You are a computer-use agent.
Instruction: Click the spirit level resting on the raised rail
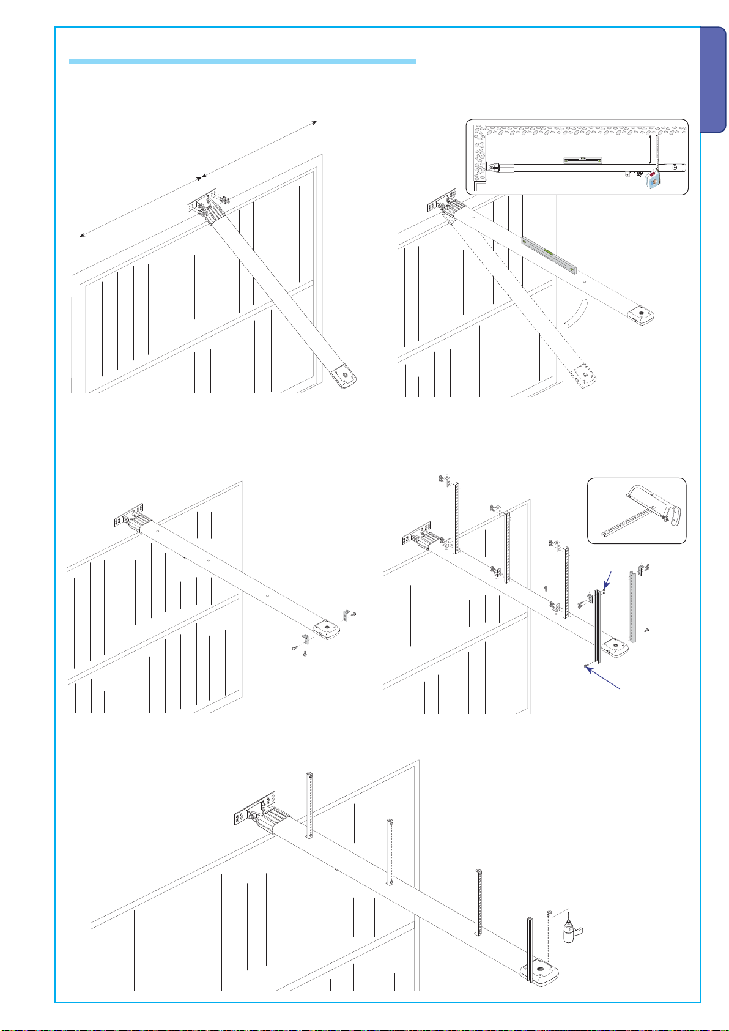point(549,255)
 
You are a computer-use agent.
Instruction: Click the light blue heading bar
point(242,62)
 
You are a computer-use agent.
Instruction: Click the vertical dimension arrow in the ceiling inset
point(649,149)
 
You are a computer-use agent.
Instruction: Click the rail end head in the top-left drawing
point(343,376)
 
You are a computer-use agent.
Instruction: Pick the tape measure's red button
point(654,180)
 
